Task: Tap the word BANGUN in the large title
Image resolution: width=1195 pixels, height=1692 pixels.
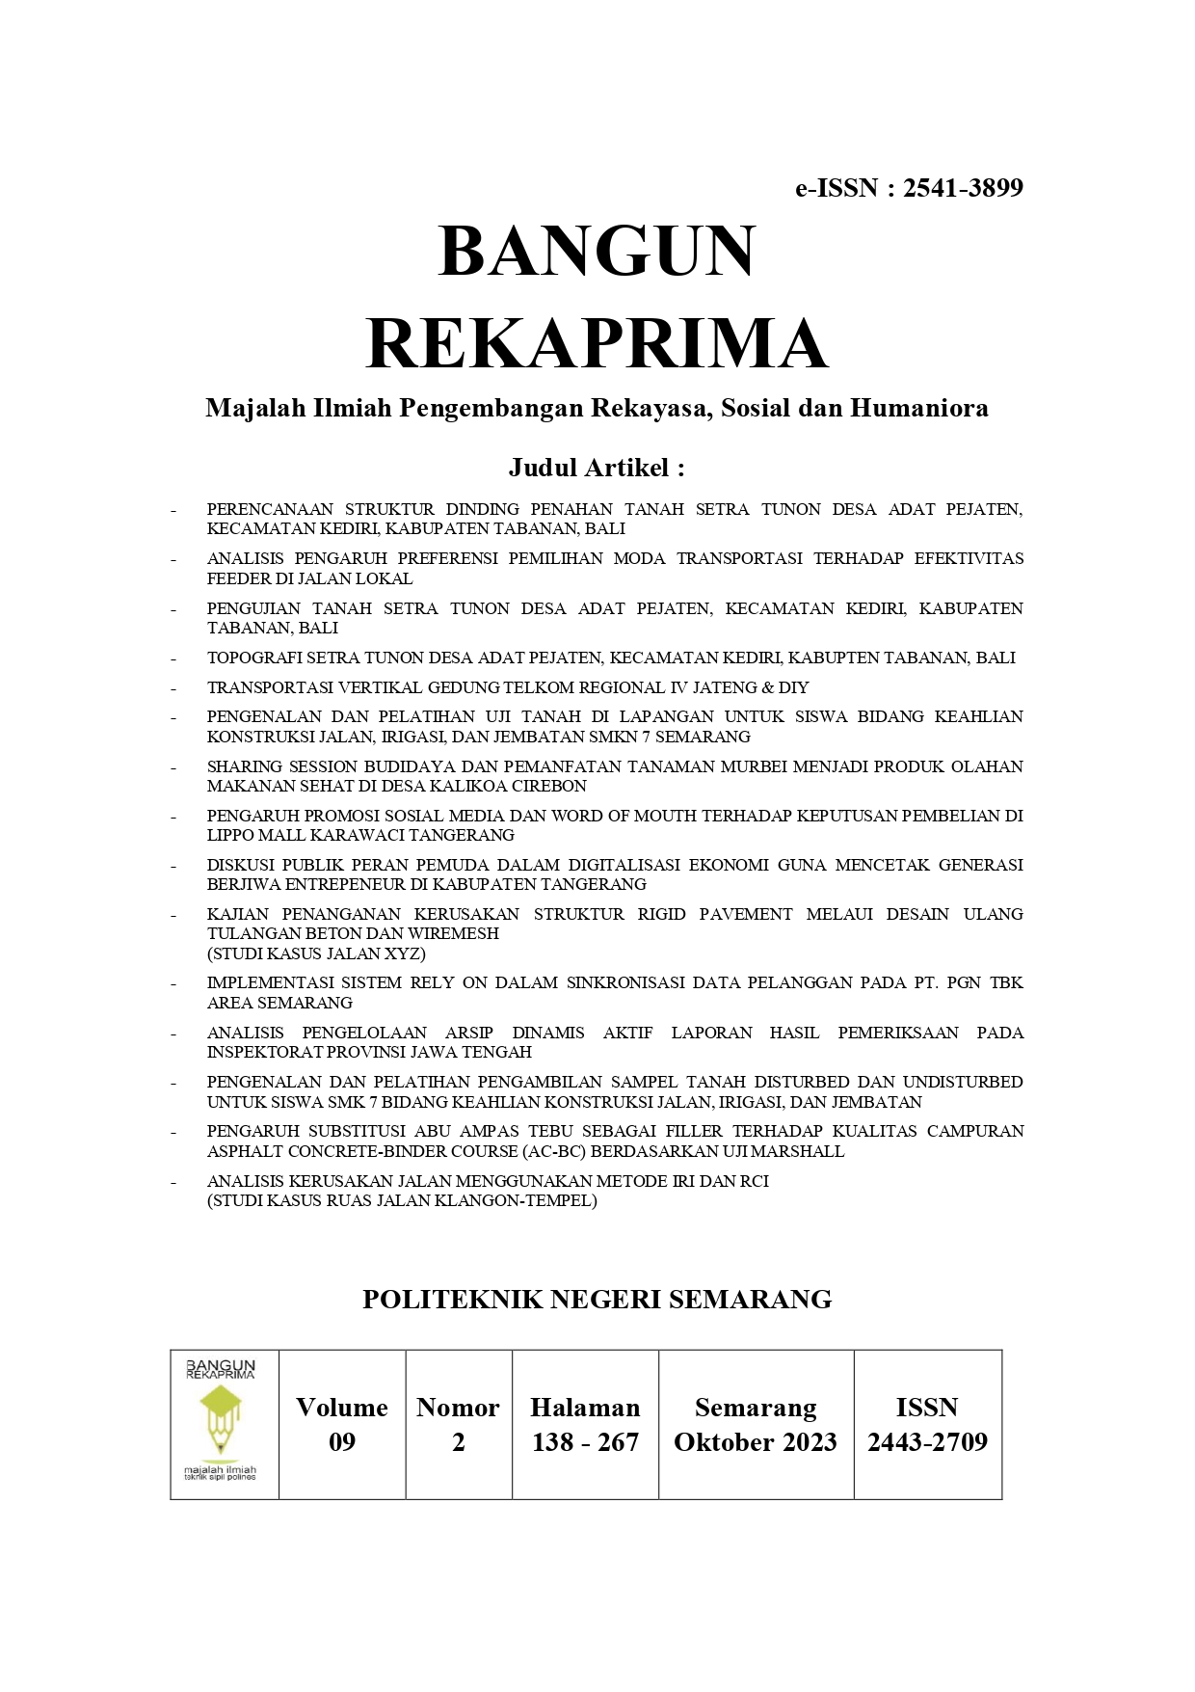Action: coord(597,252)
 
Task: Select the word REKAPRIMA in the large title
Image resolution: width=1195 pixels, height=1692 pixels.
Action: coord(597,343)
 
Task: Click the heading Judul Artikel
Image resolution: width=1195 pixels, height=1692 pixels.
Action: coord(597,468)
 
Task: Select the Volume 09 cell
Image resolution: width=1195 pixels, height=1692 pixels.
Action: coord(342,1424)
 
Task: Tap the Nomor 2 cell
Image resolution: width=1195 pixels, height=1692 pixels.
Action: coord(458,1424)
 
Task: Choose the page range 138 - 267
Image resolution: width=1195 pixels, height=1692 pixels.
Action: coord(585,1441)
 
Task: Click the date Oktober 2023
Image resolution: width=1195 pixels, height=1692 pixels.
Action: coord(756,1441)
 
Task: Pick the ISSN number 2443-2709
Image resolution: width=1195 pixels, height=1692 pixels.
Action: coord(927,1441)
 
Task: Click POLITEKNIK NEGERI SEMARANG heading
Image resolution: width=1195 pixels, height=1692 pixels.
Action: coord(597,1300)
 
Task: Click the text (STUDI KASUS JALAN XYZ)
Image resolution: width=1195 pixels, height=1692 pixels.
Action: coord(316,953)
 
